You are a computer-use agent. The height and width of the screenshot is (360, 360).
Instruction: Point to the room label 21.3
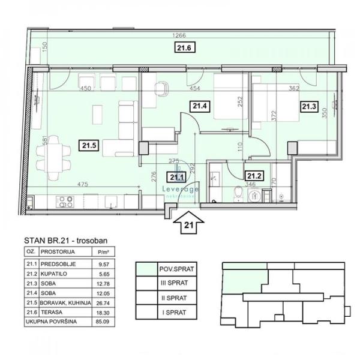pos(308,107)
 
